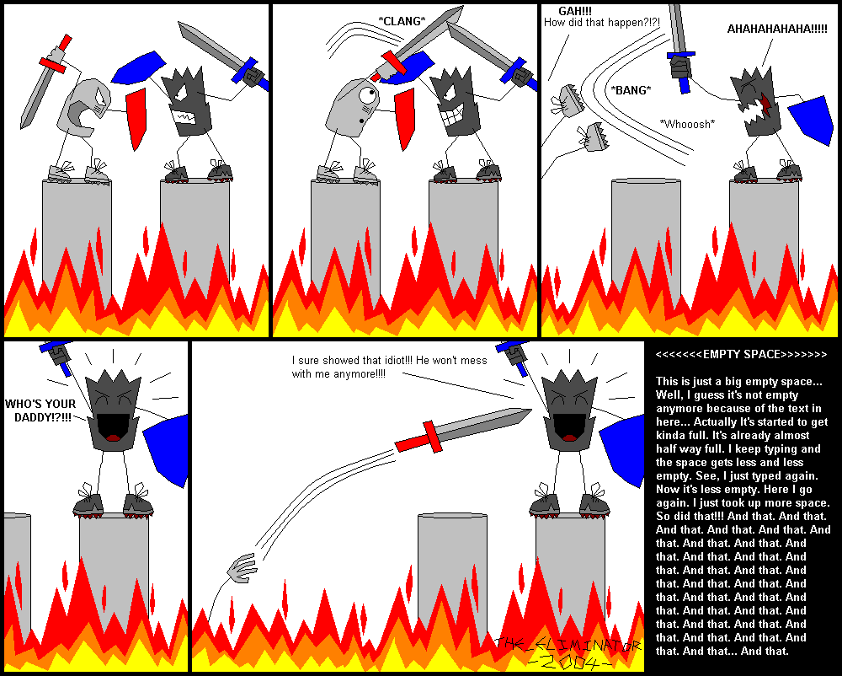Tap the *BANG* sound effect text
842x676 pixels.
pos(631,90)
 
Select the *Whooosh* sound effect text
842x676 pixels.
pos(688,124)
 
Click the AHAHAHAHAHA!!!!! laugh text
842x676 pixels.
pos(777,29)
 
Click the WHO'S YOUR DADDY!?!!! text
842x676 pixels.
pos(39,410)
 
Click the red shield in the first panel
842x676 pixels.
pos(136,119)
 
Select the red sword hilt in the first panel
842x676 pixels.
pos(53,61)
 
